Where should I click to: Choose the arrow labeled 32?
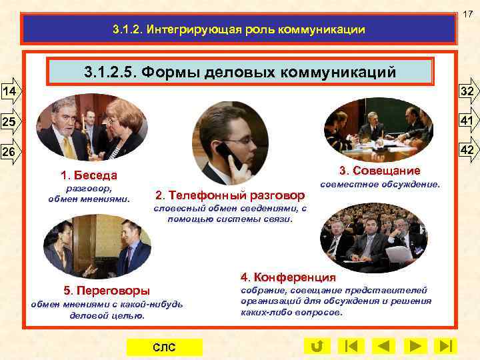(468, 91)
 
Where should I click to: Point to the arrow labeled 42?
(468, 151)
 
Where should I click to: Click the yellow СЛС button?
(163, 347)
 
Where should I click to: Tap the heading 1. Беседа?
(89, 176)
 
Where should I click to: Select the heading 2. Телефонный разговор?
(229, 195)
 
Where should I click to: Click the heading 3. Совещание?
(379, 170)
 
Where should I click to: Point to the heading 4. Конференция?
(288, 277)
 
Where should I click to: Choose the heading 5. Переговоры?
(107, 291)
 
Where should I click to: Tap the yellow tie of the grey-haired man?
(67, 145)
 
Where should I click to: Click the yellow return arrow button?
(317, 346)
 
